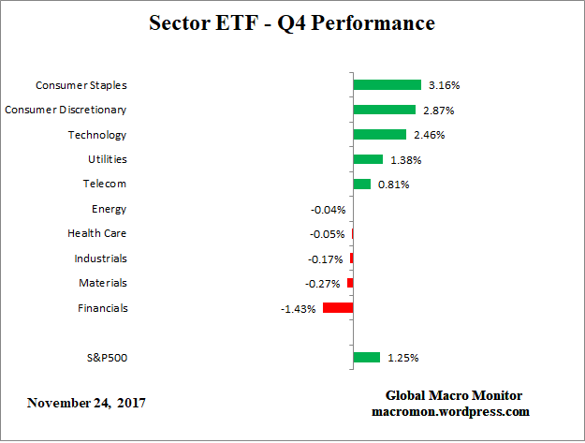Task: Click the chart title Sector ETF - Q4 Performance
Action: coord(292,23)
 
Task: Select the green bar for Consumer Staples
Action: coord(387,85)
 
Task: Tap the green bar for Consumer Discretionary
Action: coord(384,110)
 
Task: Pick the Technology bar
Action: coord(379,135)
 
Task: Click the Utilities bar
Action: coord(368,159)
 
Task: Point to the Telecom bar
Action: coord(361,185)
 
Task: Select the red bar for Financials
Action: coord(338,307)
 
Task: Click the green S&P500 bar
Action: coord(366,357)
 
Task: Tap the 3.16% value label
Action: coord(444,85)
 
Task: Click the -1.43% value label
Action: coord(299,308)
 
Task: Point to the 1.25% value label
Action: coord(402,358)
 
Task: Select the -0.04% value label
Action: coord(328,210)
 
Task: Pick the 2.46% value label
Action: coord(429,135)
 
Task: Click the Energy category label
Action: coord(109,209)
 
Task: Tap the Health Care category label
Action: coord(96,233)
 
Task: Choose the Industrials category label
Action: coord(100,258)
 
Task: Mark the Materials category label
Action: coord(103,283)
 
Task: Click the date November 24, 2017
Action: coord(86,404)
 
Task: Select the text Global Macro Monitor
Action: coord(454,395)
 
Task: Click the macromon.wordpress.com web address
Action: coord(454,411)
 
